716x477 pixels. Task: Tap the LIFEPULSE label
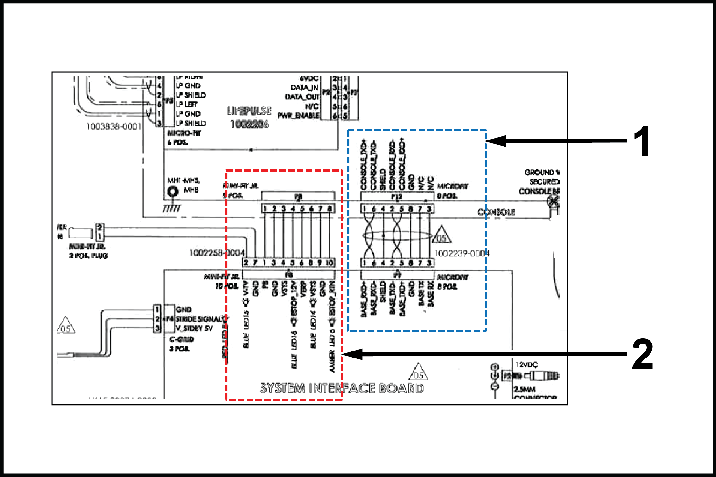click(x=249, y=111)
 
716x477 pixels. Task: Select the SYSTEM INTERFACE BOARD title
click(x=342, y=388)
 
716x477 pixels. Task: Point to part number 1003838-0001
click(x=114, y=126)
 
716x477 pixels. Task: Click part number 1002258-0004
click(x=217, y=253)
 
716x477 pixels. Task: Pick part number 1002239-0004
click(x=462, y=253)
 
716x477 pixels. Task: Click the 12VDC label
click(x=526, y=365)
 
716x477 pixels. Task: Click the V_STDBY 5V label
click(x=194, y=328)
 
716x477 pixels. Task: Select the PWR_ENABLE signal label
click(x=298, y=116)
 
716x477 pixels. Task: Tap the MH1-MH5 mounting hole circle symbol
click(x=173, y=192)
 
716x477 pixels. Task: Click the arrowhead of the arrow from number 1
click(x=491, y=141)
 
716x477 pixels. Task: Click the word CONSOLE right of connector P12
click(x=496, y=212)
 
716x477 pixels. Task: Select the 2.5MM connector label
click(x=524, y=389)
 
